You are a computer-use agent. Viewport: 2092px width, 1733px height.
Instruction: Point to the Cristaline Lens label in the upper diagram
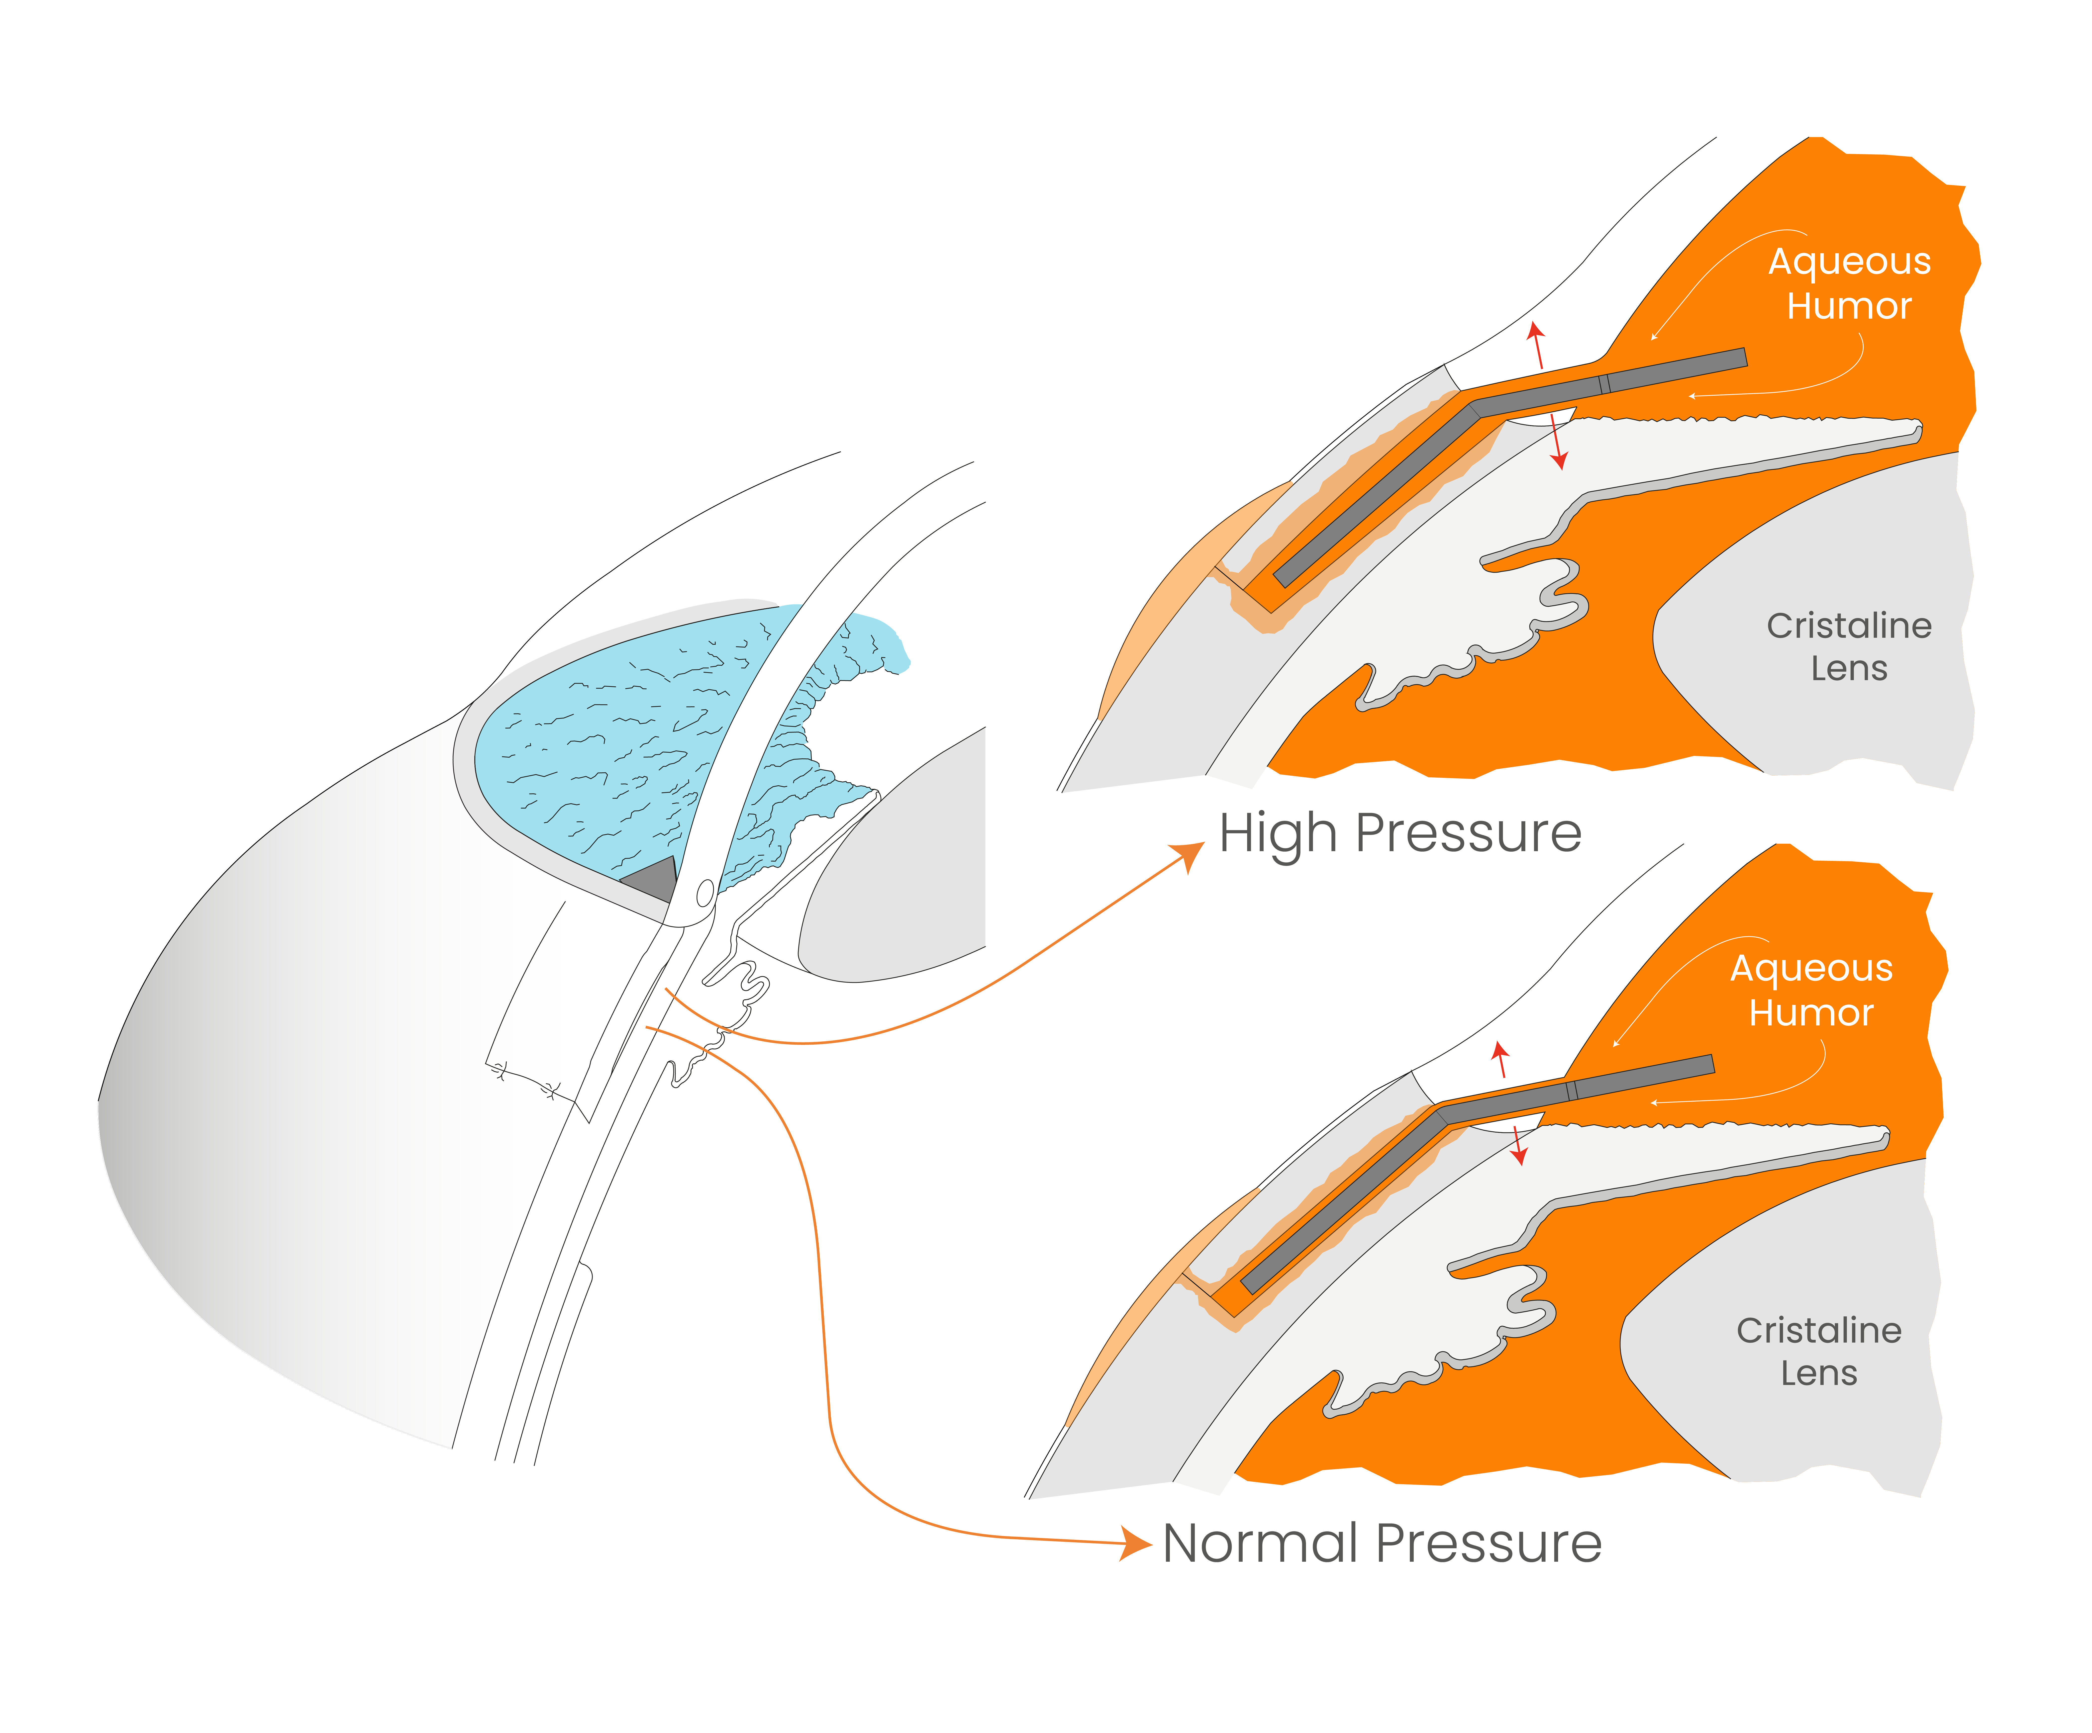click(1849, 646)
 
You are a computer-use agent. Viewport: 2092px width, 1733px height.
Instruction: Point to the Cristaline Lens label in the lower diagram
click(1819, 1352)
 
